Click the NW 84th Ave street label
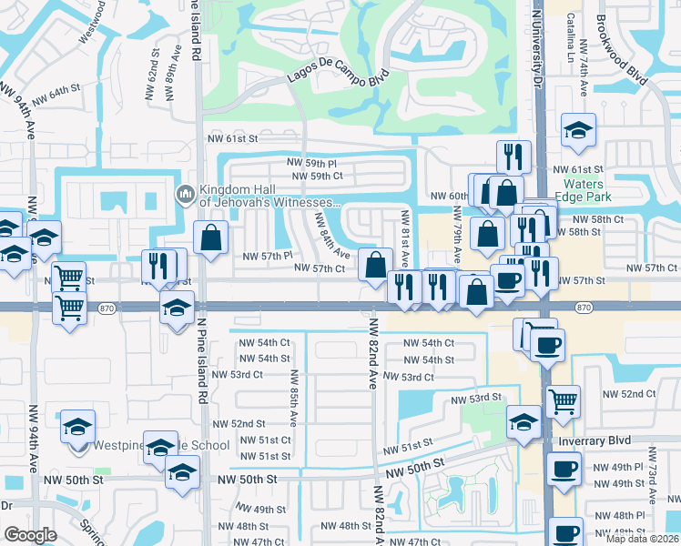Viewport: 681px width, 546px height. (332, 236)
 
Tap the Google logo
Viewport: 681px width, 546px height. (30, 535)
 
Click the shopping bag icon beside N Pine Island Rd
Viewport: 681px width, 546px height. (211, 239)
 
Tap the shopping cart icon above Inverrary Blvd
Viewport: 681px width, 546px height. (564, 400)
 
